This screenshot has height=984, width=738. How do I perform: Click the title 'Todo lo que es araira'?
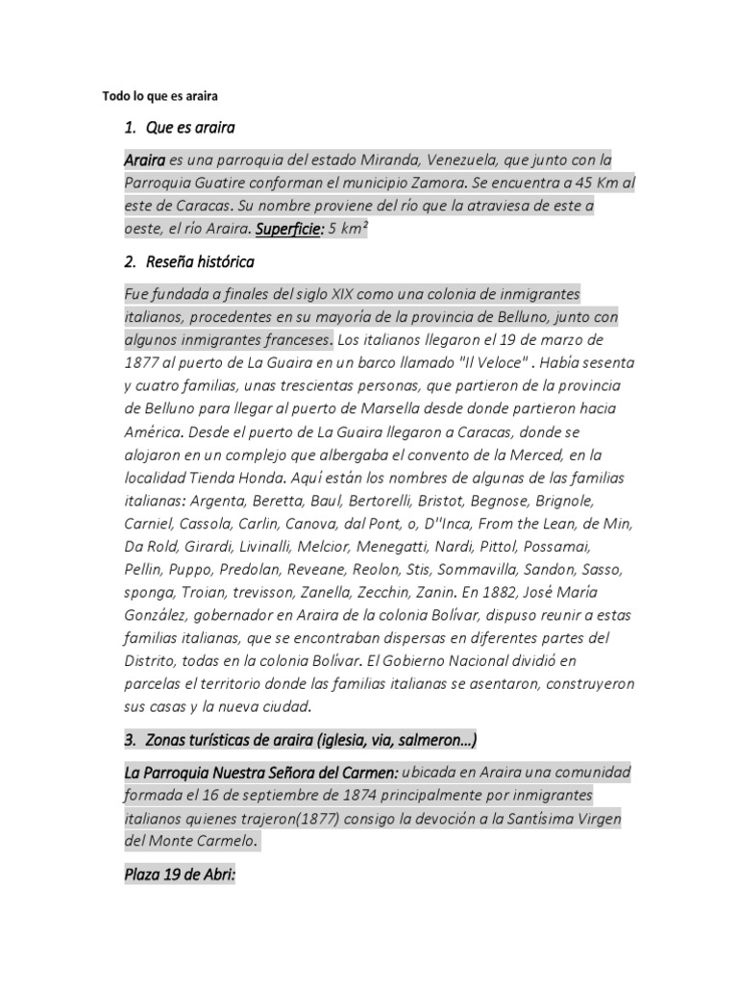(161, 96)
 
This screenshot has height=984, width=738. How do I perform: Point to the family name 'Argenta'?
(217, 501)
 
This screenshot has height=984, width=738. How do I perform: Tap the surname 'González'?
(159, 616)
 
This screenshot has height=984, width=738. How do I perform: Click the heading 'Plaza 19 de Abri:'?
(180, 876)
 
